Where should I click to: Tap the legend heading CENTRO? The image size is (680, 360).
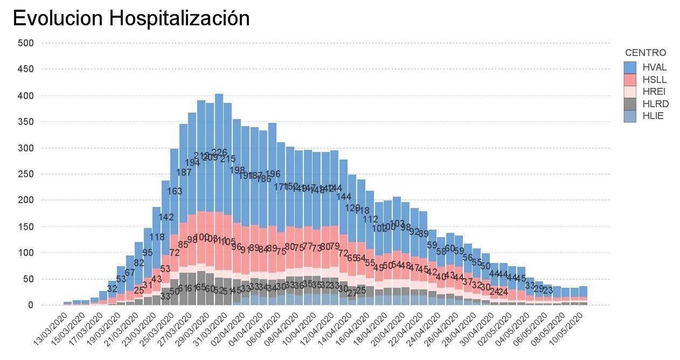point(646,53)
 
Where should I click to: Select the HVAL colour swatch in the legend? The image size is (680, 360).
point(630,67)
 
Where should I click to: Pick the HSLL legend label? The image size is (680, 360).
point(655,80)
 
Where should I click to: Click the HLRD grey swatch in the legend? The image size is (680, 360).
point(630,104)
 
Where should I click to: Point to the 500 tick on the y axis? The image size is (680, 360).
point(26,43)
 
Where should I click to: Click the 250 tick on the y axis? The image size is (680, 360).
point(26,174)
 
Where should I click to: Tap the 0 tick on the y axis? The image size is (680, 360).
point(31,305)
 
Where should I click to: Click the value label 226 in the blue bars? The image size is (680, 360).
point(219,153)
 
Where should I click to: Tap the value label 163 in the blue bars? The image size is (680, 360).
point(175,191)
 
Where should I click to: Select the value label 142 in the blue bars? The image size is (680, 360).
point(166,217)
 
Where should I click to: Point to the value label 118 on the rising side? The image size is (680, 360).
point(157,237)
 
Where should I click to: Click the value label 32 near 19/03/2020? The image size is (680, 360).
point(112,289)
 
